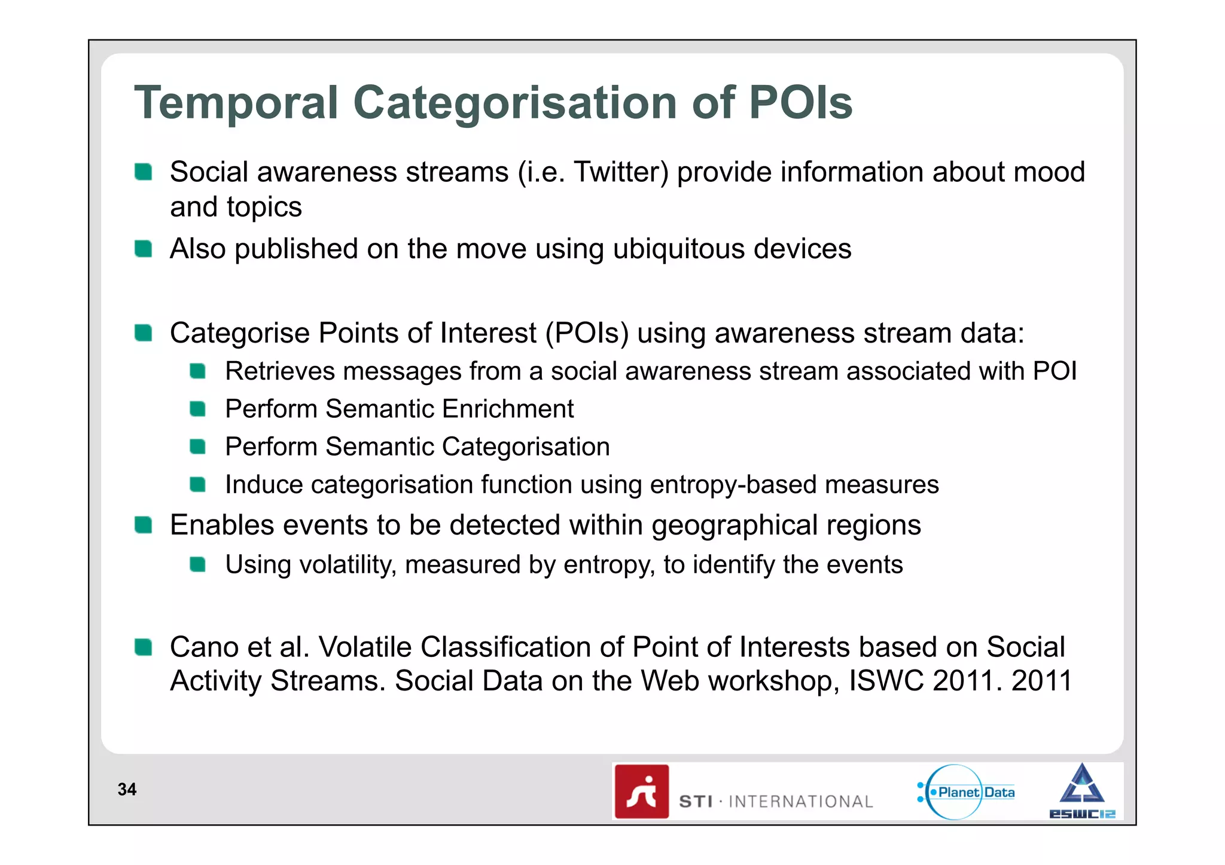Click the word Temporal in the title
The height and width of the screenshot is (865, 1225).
tap(236, 103)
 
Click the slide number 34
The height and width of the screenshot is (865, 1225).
tap(127, 790)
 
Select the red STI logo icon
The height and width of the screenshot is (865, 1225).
tap(642, 791)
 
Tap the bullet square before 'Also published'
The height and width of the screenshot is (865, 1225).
tap(144, 248)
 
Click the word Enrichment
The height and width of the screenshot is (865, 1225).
tap(508, 409)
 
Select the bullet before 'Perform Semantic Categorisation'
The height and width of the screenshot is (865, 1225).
tap(198, 447)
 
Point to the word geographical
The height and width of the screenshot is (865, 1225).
tap(735, 525)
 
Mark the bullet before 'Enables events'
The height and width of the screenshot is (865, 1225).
tap(144, 525)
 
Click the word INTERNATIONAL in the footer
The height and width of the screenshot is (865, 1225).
tap(801, 802)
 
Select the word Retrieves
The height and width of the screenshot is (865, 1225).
tap(280, 371)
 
